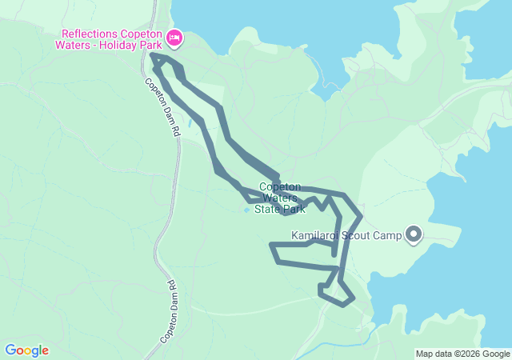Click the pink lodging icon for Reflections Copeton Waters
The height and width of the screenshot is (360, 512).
click(x=174, y=37)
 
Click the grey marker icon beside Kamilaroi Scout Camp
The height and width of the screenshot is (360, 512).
click(x=414, y=234)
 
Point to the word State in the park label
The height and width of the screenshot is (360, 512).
click(x=268, y=210)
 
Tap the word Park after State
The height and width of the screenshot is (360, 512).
click(x=293, y=210)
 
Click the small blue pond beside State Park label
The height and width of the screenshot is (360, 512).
click(x=246, y=210)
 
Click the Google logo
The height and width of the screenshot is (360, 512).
click(x=26, y=350)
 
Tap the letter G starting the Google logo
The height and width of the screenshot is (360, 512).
click(x=10, y=350)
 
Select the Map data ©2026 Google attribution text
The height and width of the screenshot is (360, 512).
click(x=462, y=354)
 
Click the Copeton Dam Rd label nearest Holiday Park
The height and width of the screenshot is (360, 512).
click(x=162, y=105)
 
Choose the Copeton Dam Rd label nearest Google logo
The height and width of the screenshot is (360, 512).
click(x=169, y=312)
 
